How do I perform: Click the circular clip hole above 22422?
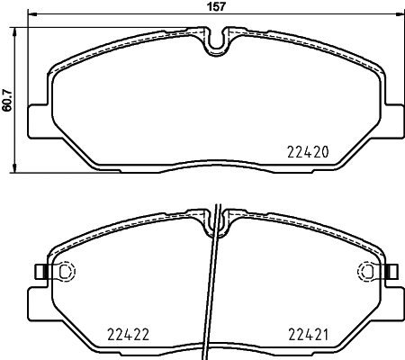[x=64, y=271]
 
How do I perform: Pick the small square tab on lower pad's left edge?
[x=38, y=271]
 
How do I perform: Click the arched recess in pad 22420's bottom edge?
[x=216, y=164]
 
